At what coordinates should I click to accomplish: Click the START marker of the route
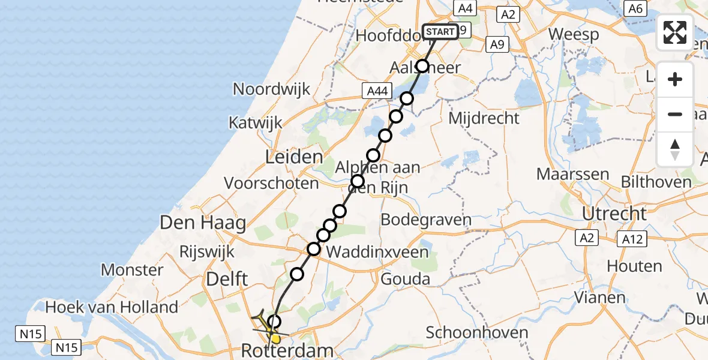click(441, 32)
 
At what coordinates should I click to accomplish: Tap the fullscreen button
click(675, 32)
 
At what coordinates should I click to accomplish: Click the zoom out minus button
click(675, 114)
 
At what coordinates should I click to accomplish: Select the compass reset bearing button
click(675, 149)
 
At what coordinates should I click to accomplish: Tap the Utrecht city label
click(614, 214)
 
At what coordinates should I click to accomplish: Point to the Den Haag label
click(203, 224)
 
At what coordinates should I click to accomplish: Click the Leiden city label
click(294, 158)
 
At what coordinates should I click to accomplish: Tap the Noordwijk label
click(271, 89)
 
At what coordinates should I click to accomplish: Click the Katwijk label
click(255, 123)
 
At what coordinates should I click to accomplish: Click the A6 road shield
click(635, 8)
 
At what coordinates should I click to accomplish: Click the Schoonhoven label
click(477, 332)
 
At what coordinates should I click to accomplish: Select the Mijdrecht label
click(484, 118)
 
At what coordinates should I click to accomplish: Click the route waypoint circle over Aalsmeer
click(423, 66)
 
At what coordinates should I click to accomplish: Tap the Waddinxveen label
click(377, 251)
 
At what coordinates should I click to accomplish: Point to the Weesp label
click(574, 34)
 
